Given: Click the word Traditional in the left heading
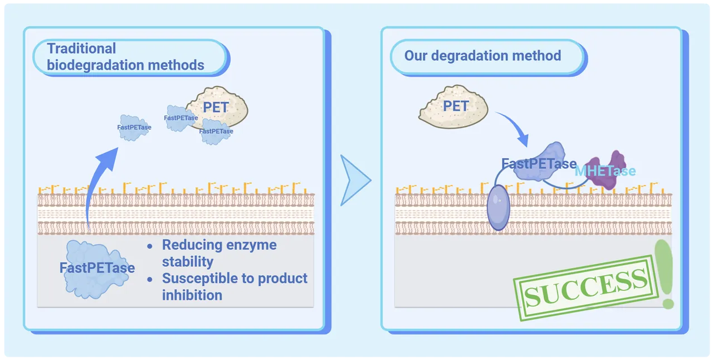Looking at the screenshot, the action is pyautogui.click(x=81, y=48).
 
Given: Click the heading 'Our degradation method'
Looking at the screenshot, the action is pyautogui.click(x=482, y=56).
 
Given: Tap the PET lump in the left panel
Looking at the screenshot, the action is pyautogui.click(x=219, y=107).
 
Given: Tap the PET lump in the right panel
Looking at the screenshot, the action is pyautogui.click(x=453, y=107).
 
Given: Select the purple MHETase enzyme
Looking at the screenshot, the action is pyautogui.click(x=605, y=170).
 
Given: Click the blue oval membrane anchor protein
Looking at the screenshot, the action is pyautogui.click(x=499, y=207).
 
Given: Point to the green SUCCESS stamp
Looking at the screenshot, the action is pyautogui.click(x=585, y=288).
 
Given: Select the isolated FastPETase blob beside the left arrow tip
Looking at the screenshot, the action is pyautogui.click(x=134, y=128).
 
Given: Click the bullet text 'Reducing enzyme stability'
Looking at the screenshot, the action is pyautogui.click(x=219, y=253).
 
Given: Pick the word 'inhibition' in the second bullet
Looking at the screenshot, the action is pyautogui.click(x=192, y=295).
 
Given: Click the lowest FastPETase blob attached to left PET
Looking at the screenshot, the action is pyautogui.click(x=216, y=132).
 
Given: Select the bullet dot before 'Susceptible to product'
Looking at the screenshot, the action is pyautogui.click(x=150, y=279).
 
